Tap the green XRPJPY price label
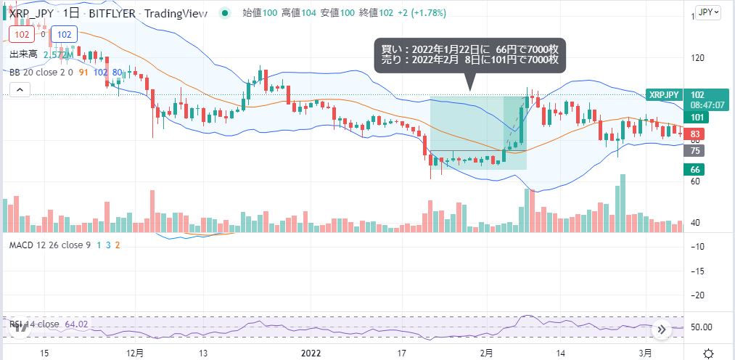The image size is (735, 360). pos(663,95)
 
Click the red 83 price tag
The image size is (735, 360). pos(695,134)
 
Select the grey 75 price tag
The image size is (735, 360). pos(695,151)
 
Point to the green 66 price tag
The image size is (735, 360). pos(695,169)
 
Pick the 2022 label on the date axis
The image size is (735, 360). pos(311,353)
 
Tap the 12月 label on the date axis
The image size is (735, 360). pos(135,353)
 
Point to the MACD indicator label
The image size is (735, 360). pos(49,245)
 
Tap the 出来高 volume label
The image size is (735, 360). pos(24,54)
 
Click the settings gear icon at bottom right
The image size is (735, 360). pos(709,353)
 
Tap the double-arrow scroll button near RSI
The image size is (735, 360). pos(661,329)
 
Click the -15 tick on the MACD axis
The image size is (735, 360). pos(699,271)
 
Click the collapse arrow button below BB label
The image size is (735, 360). pos(20,90)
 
